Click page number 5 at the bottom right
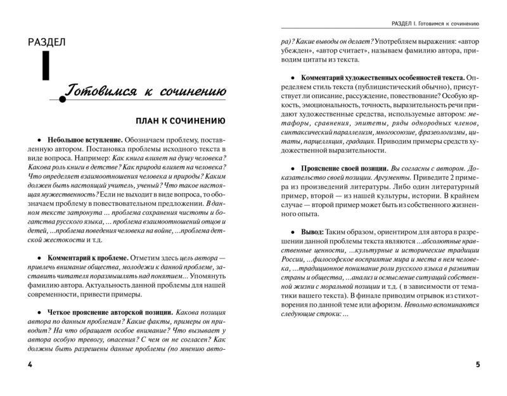(477, 366)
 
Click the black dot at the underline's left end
(61, 98)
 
